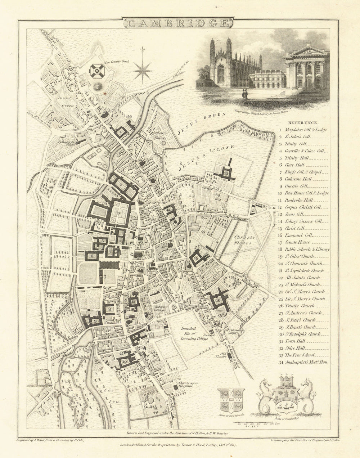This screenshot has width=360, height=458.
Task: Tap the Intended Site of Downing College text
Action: [194, 333]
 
